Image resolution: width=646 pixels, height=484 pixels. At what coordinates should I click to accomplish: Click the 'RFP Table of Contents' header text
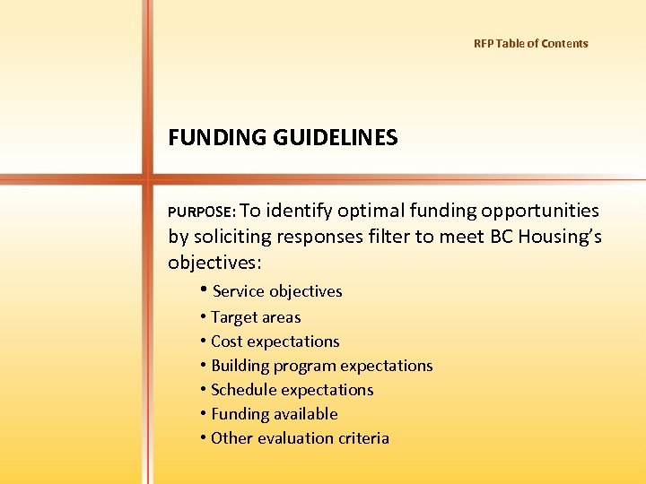pyautogui.click(x=530, y=43)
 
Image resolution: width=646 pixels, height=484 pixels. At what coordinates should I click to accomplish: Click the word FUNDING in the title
pyautogui.click(x=214, y=138)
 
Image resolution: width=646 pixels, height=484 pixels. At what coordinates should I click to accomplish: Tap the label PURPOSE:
pyautogui.click(x=202, y=212)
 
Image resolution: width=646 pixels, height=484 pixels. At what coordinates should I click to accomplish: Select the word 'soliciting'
pyautogui.click(x=235, y=237)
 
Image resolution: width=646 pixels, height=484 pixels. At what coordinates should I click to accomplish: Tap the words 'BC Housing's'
pyautogui.click(x=546, y=237)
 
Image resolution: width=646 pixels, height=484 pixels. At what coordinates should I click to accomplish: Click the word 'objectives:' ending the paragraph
pyautogui.click(x=214, y=262)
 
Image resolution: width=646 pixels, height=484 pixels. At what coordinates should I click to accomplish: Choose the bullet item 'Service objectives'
pyautogui.click(x=277, y=291)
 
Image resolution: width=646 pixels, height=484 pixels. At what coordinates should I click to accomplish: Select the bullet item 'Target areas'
pyautogui.click(x=256, y=317)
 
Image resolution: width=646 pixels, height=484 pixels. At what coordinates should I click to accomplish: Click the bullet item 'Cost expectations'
pyautogui.click(x=275, y=341)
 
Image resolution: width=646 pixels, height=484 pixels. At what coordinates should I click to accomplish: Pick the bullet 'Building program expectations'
pyautogui.click(x=321, y=366)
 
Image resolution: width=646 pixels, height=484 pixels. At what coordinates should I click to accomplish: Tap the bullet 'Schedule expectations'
pyautogui.click(x=292, y=390)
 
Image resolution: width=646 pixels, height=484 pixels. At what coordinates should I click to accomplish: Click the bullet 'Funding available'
pyautogui.click(x=274, y=414)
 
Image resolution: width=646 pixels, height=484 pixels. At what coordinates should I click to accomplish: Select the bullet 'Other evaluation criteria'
pyautogui.click(x=300, y=438)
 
